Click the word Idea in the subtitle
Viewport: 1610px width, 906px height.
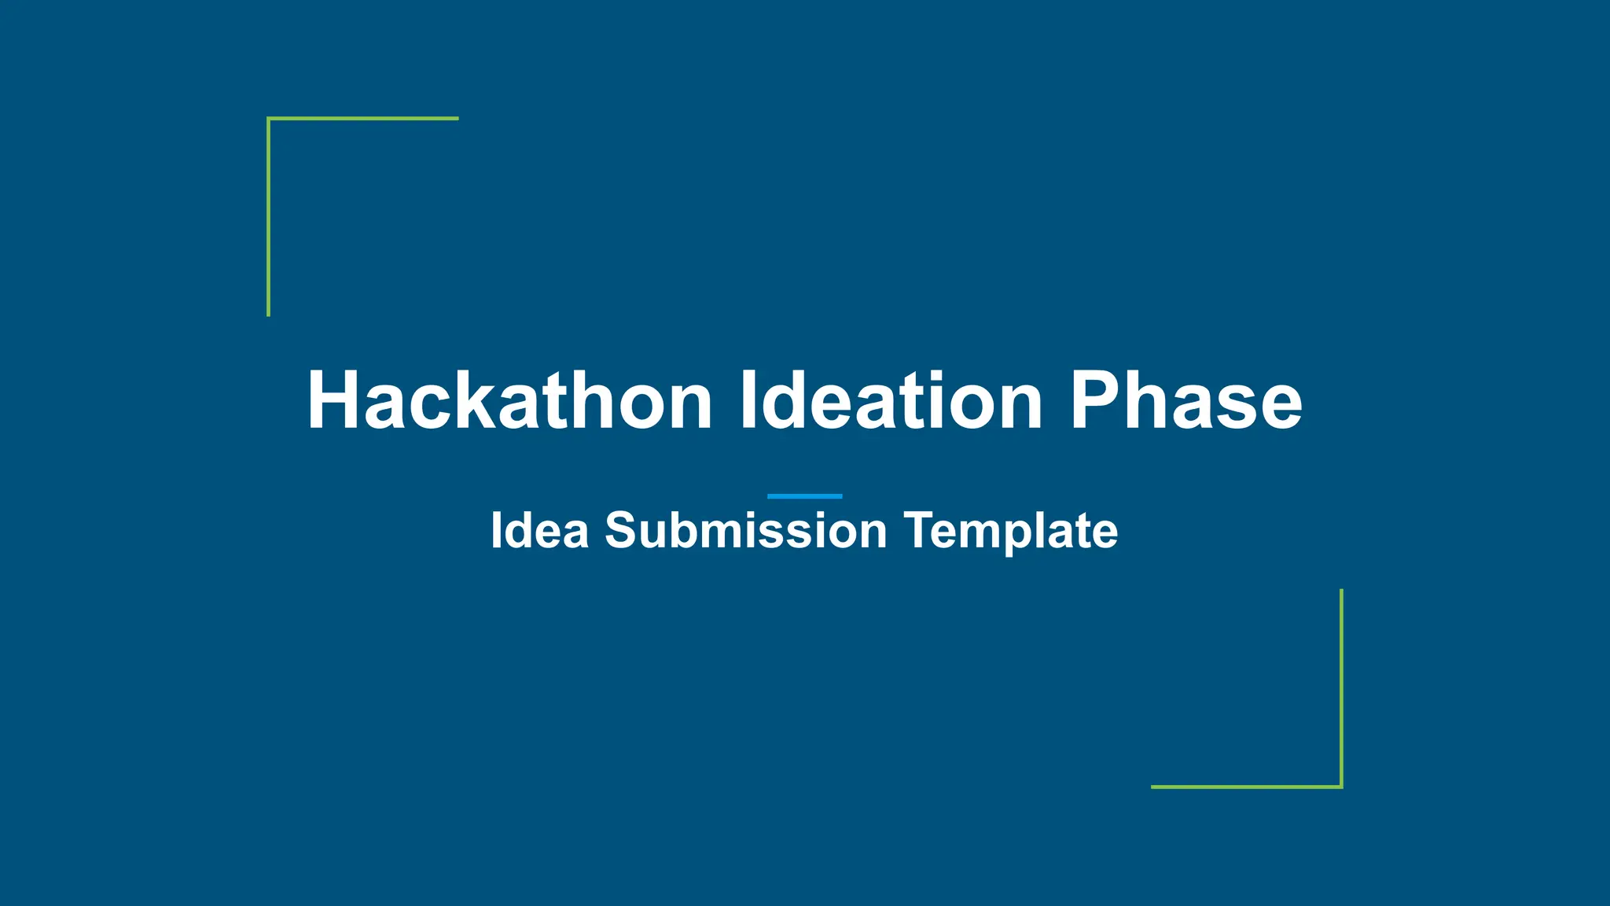coord(539,531)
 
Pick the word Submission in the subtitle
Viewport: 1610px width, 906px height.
coord(745,531)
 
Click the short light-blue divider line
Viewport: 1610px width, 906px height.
coord(804,496)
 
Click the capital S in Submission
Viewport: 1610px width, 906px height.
coord(620,531)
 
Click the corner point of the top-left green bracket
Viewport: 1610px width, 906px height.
coord(269,119)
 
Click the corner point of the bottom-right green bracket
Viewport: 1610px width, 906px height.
coord(1341,786)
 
